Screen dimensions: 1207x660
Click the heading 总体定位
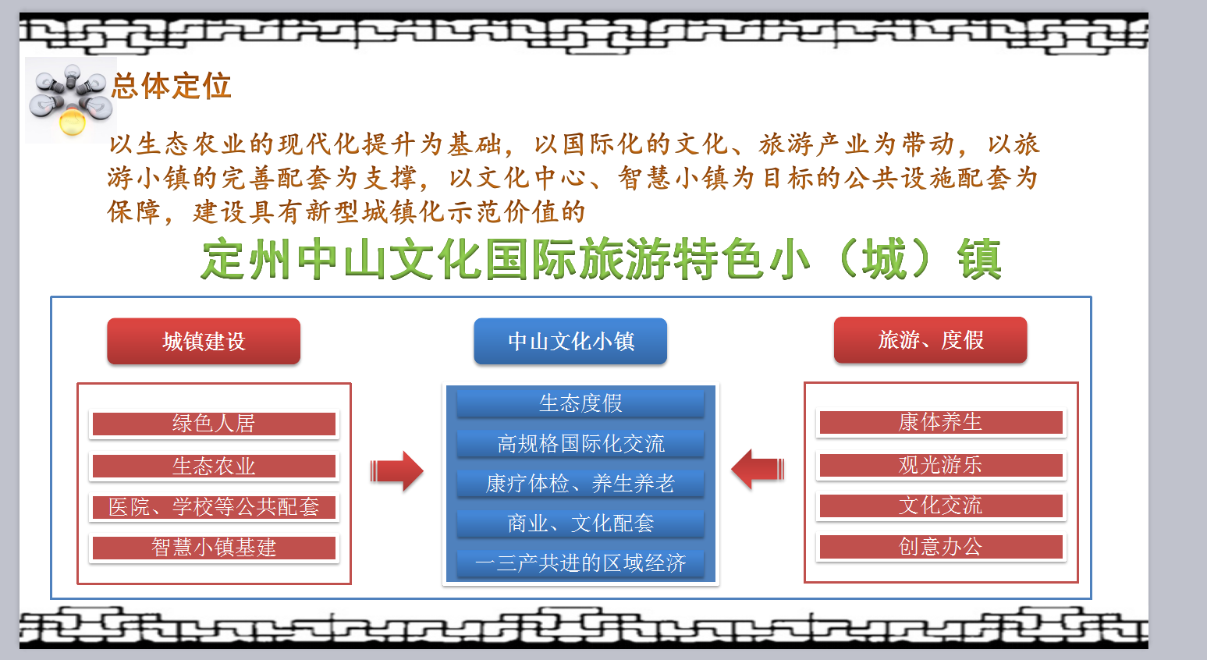(172, 86)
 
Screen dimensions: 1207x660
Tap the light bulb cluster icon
(71, 100)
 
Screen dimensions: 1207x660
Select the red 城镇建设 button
(204, 341)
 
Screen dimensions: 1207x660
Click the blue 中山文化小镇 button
(570, 341)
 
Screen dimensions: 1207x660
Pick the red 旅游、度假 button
(931, 340)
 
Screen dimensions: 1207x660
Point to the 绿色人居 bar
(214, 424)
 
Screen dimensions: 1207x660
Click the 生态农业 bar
(214, 466)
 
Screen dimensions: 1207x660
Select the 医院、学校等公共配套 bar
(214, 507)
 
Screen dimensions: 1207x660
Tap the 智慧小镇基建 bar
(214, 548)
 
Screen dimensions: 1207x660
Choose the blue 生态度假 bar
(580, 403)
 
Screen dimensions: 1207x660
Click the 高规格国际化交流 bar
(580, 443)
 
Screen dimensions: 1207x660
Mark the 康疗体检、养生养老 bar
(580, 483)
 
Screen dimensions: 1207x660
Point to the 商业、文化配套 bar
(580, 523)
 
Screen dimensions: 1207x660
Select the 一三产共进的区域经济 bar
(580, 563)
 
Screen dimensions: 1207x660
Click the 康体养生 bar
(941, 422)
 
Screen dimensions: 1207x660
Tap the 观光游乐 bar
(941, 465)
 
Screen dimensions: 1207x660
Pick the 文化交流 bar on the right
(941, 506)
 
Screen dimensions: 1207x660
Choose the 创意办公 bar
(941, 547)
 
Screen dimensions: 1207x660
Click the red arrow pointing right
(396, 471)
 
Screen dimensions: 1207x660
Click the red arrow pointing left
(758, 470)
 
